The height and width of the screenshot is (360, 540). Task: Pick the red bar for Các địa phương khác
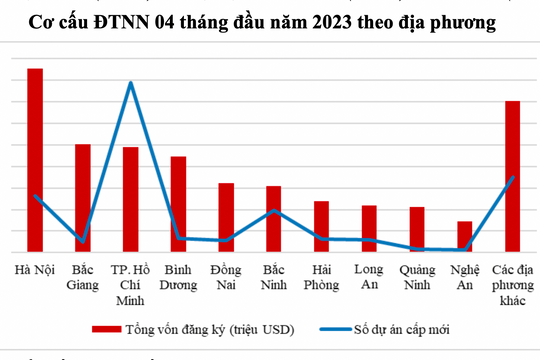[511, 174]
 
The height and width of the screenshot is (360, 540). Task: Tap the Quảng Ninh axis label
[416, 277]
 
